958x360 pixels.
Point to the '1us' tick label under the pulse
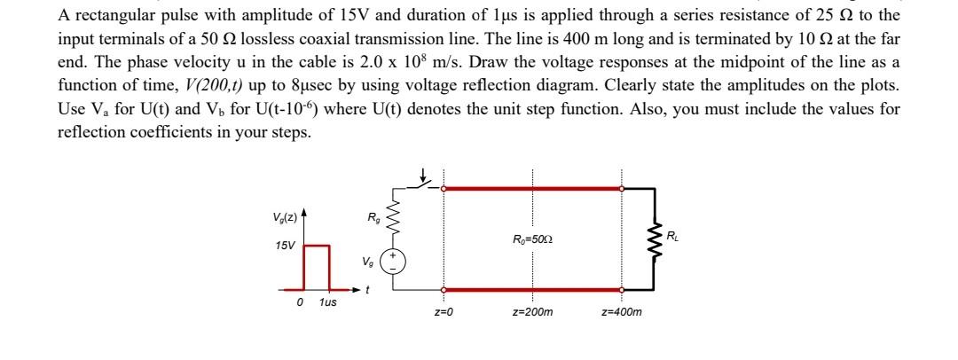pos(326,303)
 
